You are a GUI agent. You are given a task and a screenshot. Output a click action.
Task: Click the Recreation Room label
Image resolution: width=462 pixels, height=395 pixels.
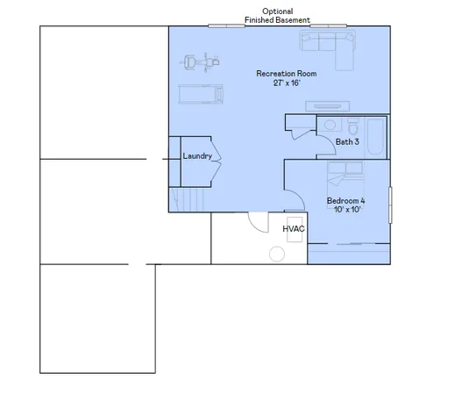[x=286, y=74]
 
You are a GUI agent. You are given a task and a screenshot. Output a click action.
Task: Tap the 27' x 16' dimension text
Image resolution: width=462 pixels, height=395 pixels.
[x=286, y=83]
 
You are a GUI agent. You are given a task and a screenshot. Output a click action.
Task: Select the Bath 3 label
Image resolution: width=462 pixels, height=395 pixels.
[x=347, y=141]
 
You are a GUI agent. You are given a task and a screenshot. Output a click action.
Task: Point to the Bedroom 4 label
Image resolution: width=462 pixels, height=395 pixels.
[x=346, y=201]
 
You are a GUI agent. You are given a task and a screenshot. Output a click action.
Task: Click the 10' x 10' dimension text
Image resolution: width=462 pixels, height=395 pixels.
[x=346, y=211]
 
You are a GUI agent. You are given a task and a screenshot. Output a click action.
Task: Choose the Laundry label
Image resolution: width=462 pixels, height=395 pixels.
[x=196, y=156]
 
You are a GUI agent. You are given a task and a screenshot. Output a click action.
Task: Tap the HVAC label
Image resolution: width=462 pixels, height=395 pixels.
[x=293, y=229]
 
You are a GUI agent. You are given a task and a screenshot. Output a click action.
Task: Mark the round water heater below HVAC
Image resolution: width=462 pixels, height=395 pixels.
[x=277, y=254]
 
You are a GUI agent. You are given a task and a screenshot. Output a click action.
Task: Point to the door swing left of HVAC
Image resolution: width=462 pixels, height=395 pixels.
[x=258, y=221]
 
